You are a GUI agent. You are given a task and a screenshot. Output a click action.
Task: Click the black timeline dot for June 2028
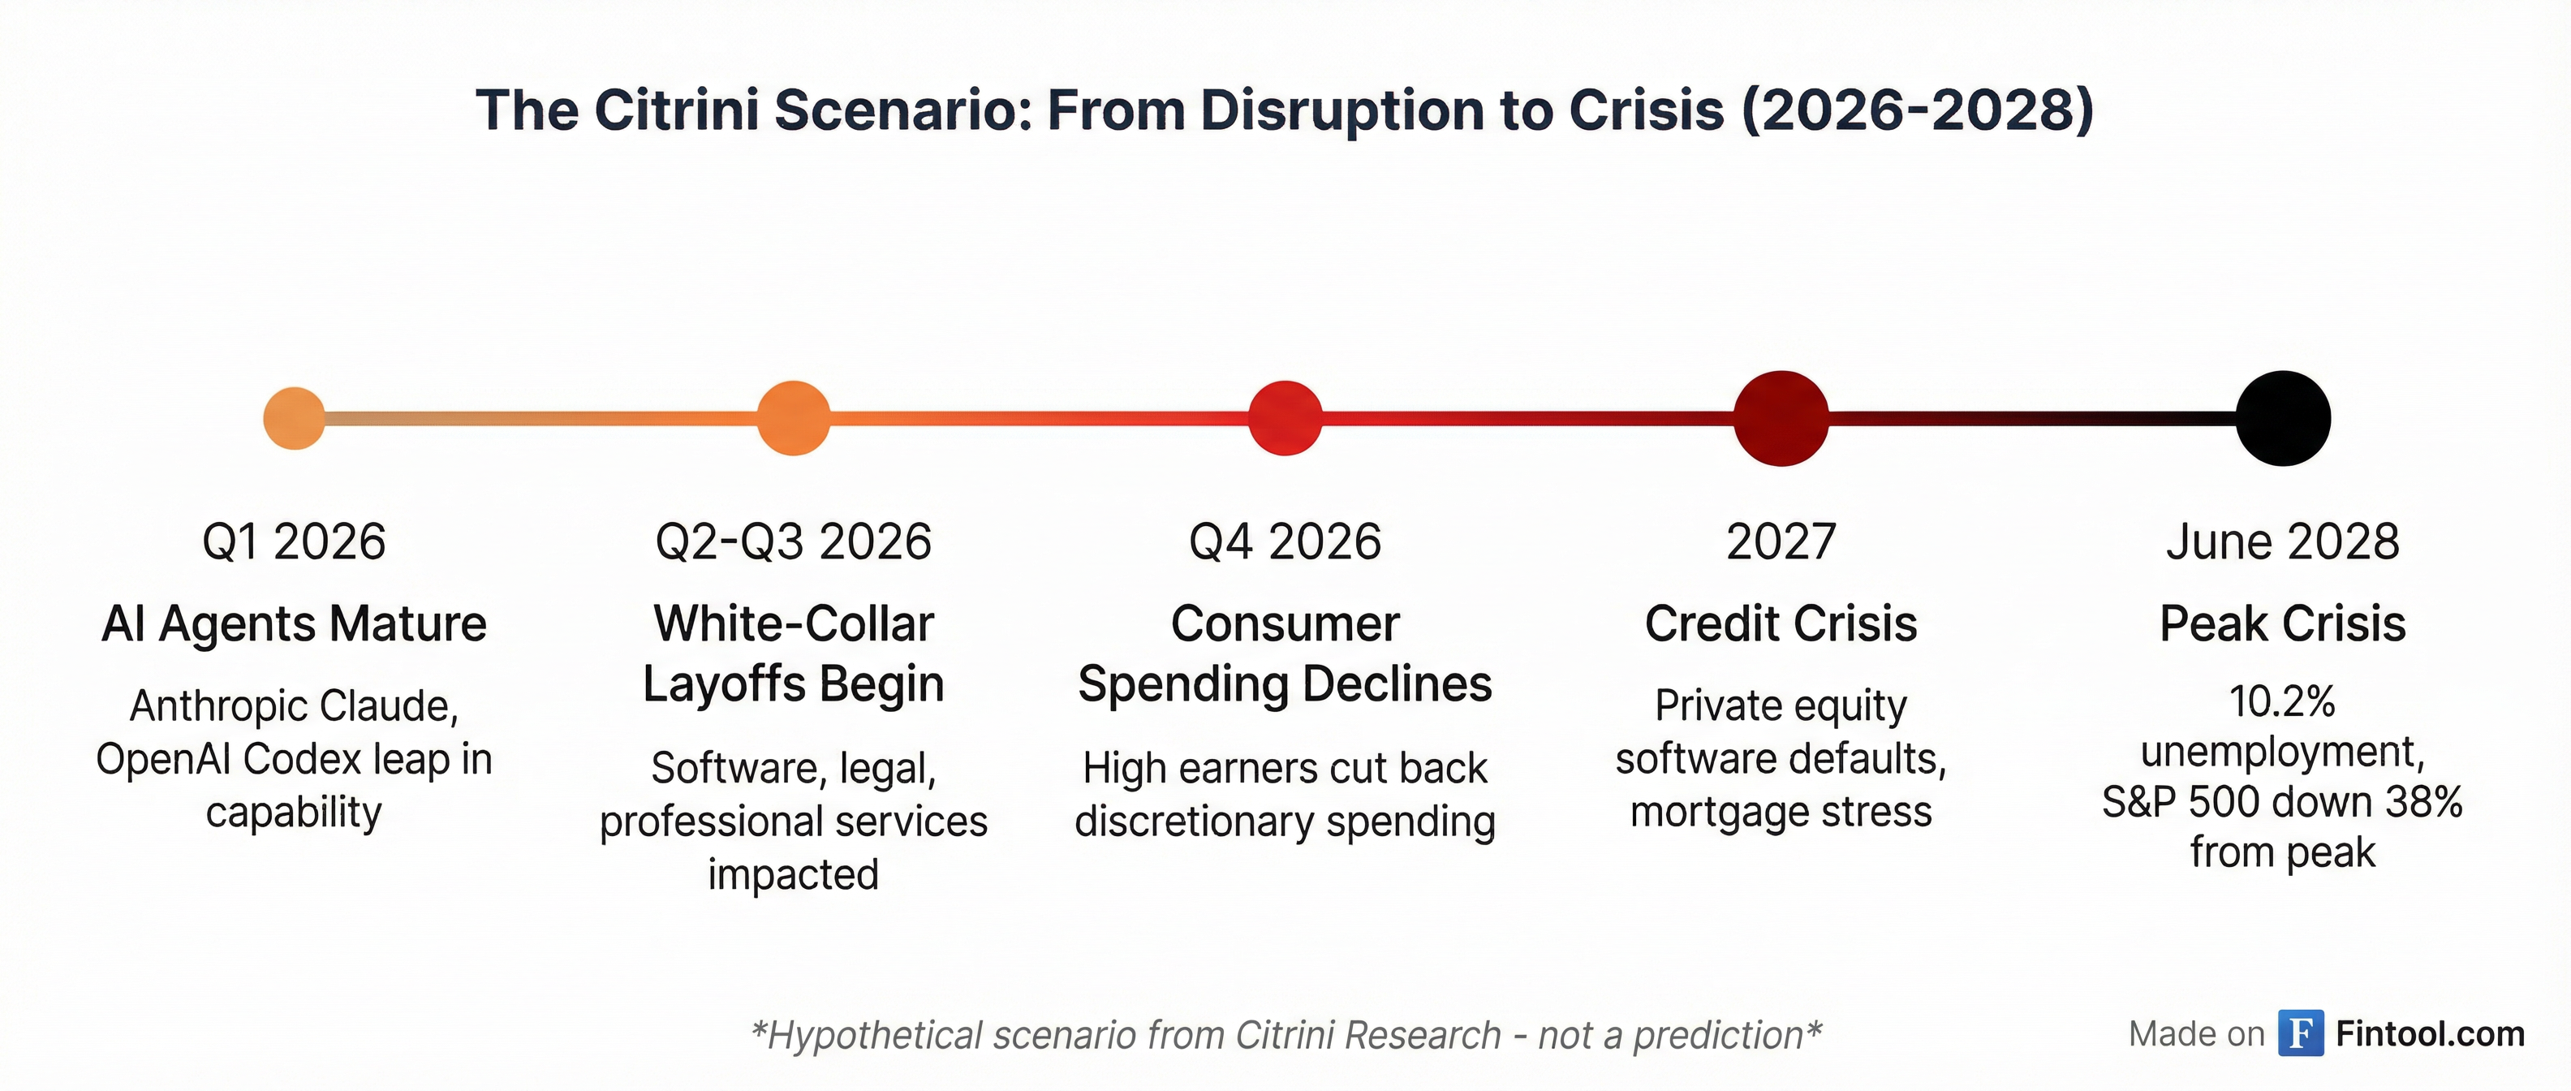coord(2283,418)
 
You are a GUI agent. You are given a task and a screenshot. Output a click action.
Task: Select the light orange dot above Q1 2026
coord(295,418)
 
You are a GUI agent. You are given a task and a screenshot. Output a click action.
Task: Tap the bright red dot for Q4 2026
coord(1285,418)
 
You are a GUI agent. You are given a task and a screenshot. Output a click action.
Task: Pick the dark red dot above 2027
coord(1781,418)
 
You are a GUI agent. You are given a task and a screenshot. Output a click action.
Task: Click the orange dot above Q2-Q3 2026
coord(794,418)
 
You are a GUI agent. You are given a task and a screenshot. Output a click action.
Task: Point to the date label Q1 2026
coord(294,542)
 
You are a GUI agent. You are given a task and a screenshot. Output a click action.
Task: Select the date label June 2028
coord(2283,542)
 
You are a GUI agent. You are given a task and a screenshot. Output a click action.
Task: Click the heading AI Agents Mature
coord(295,624)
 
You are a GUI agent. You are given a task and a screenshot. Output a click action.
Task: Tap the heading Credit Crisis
coord(1781,624)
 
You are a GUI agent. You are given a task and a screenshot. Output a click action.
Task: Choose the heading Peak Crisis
coord(2283,624)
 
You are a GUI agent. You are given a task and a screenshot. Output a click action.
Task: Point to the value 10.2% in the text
coord(2283,701)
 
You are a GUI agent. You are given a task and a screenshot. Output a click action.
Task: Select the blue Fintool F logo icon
coord(2301,1033)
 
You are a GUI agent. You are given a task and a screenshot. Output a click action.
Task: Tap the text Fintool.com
coord(2431,1034)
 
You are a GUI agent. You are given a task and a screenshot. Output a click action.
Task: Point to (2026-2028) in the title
coord(1917,110)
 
